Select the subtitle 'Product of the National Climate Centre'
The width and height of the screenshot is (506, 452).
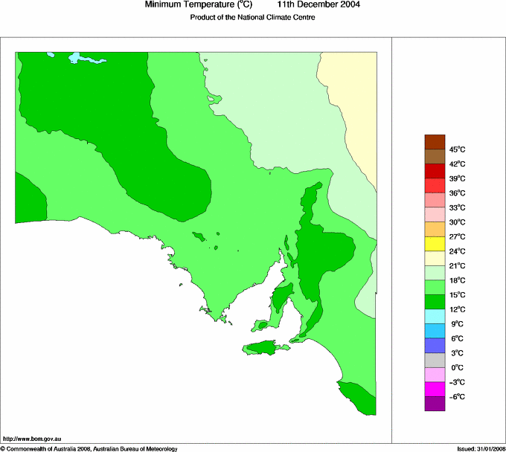tap(253, 17)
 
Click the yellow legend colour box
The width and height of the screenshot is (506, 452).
tap(435, 244)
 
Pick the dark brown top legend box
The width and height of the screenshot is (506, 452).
tap(435, 142)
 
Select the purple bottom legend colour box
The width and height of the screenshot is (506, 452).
tap(435, 404)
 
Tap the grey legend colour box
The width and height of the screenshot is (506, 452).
tap(435, 360)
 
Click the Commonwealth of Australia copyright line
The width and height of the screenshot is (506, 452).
tap(89, 448)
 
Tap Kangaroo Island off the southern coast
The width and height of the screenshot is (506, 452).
tap(265, 347)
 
